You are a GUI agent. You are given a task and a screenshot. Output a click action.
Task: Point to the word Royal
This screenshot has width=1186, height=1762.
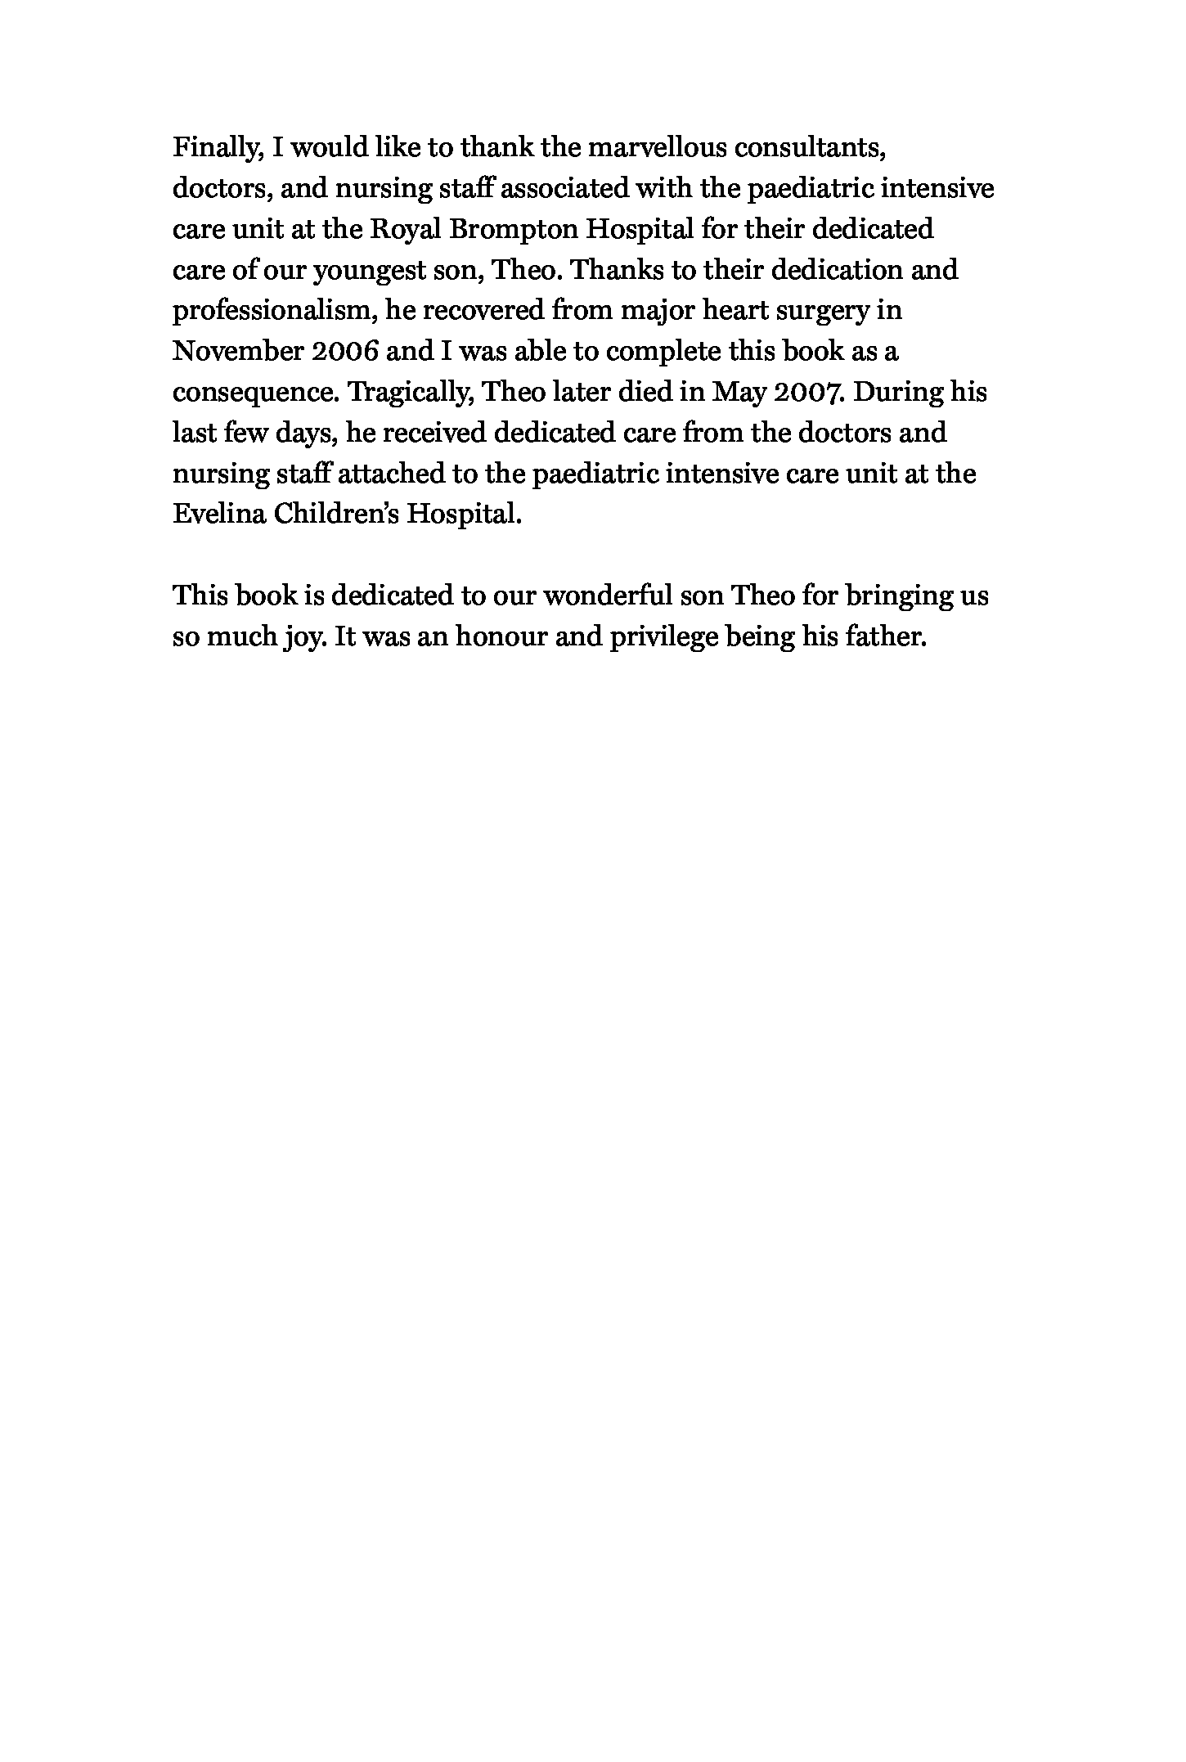coord(405,229)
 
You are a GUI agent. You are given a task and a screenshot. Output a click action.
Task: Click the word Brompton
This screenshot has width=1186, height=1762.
coord(513,229)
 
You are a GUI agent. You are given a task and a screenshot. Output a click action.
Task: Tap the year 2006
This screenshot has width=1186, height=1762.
coord(344,352)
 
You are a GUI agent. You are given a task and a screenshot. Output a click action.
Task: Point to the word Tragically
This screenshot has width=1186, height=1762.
coord(411,393)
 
